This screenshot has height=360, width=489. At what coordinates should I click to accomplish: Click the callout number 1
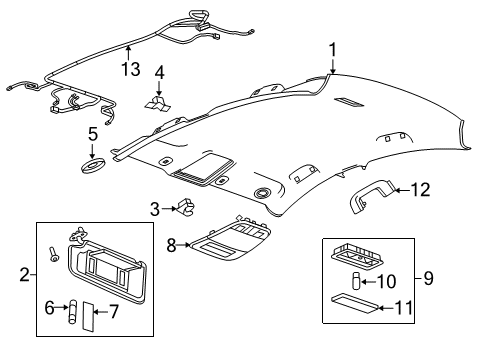pos(333,47)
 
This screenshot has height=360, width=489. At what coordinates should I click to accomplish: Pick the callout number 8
pos(171,243)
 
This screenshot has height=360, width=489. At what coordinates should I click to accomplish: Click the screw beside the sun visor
pos(53,257)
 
